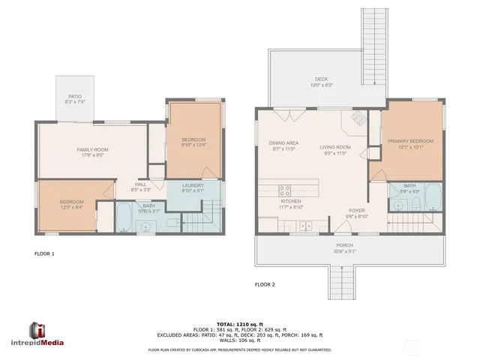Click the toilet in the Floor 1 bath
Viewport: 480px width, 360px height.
pyautogui.click(x=172, y=223)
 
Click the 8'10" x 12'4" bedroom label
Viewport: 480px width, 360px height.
pyautogui.click(x=194, y=142)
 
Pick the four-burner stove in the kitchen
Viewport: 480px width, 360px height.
pyautogui.click(x=285, y=190)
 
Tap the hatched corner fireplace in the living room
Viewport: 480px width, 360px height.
pyautogui.click(x=358, y=118)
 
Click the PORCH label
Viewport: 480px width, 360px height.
pyautogui.click(x=344, y=247)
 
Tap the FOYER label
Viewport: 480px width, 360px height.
pyautogui.click(x=357, y=214)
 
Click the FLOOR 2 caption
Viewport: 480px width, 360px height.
pyautogui.click(x=265, y=285)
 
